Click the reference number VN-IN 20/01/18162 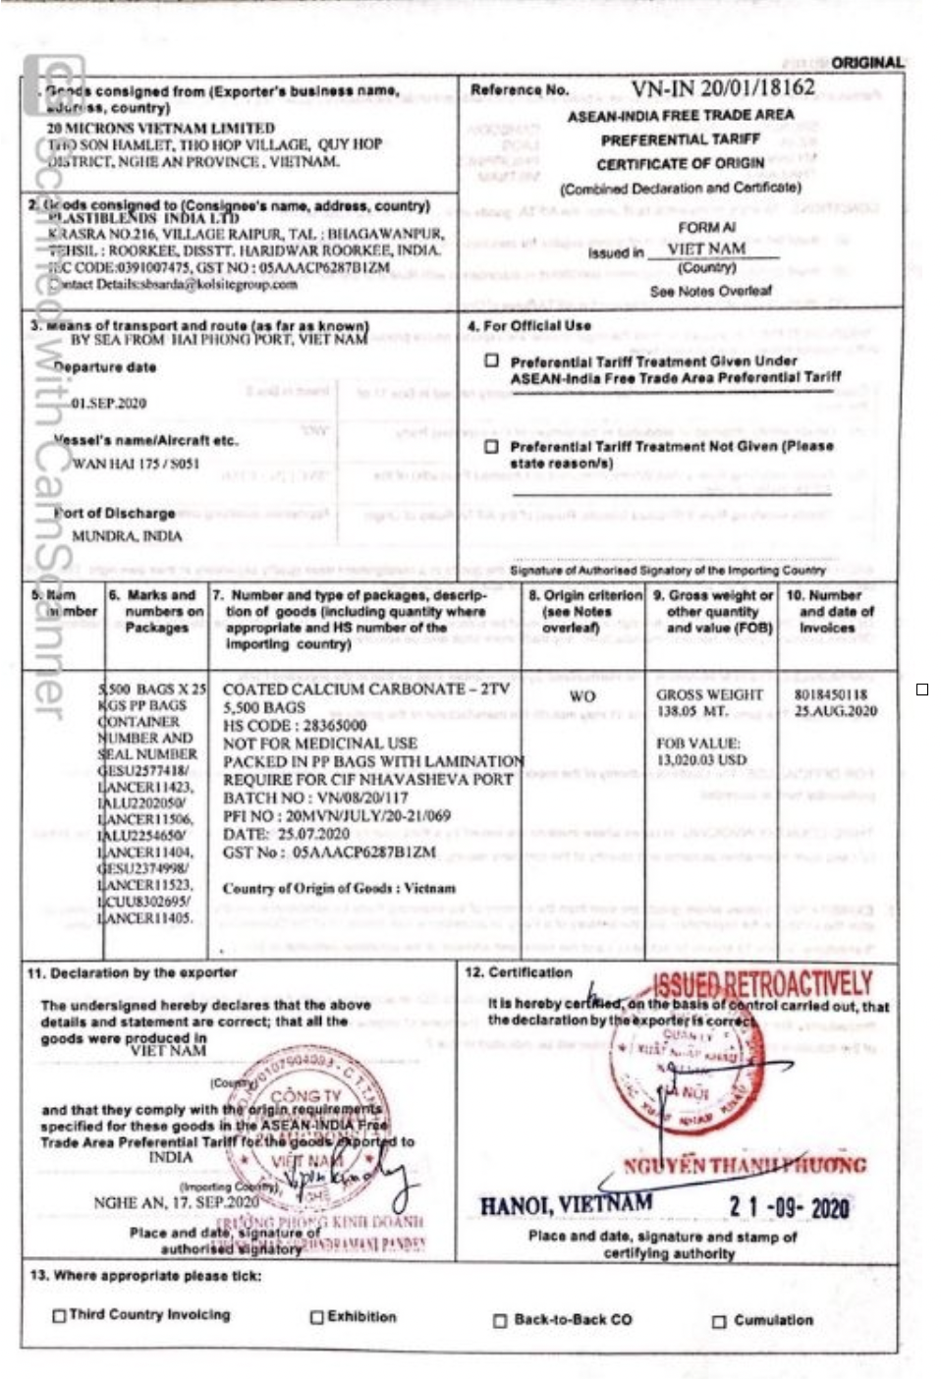coord(722,88)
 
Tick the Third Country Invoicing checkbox coord(60,1316)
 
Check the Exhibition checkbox coord(317,1317)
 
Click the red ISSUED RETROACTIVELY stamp coord(762,985)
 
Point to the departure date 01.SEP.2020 coord(108,403)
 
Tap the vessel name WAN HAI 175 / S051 coord(136,464)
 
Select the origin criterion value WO coord(582,696)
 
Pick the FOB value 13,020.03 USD coord(701,760)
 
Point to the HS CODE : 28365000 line coord(295,725)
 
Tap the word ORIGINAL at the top coord(867,63)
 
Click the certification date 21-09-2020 coord(789,1207)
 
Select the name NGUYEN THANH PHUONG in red coord(745,1166)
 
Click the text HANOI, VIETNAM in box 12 coord(566,1204)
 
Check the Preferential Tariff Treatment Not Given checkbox coord(492,447)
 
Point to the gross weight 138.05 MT coord(692,711)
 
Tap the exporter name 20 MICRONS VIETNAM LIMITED coord(161,128)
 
